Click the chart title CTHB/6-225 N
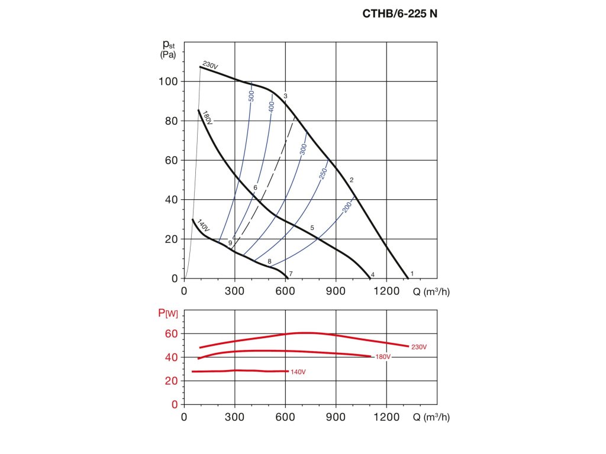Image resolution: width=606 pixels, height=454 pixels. [400, 14]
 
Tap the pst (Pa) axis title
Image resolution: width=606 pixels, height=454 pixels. [169, 48]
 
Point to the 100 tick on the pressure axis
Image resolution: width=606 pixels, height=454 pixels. [169, 81]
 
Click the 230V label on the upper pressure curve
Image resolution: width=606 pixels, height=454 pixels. [209, 65]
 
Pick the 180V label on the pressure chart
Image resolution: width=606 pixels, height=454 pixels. [207, 116]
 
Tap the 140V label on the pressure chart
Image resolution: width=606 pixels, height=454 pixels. [203, 225]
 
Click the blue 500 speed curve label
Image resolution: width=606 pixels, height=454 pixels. [251, 96]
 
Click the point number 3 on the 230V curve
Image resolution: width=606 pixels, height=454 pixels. [285, 96]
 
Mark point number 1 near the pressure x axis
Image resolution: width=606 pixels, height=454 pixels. [412, 273]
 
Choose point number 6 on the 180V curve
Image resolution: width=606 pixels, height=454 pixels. [255, 188]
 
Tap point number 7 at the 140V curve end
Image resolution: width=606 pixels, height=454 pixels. [291, 274]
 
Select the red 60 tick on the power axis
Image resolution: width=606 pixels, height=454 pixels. [171, 333]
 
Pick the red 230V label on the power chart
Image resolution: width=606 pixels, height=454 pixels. [419, 347]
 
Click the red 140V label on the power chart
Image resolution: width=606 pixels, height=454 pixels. [299, 372]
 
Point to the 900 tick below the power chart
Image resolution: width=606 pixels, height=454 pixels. [336, 417]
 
